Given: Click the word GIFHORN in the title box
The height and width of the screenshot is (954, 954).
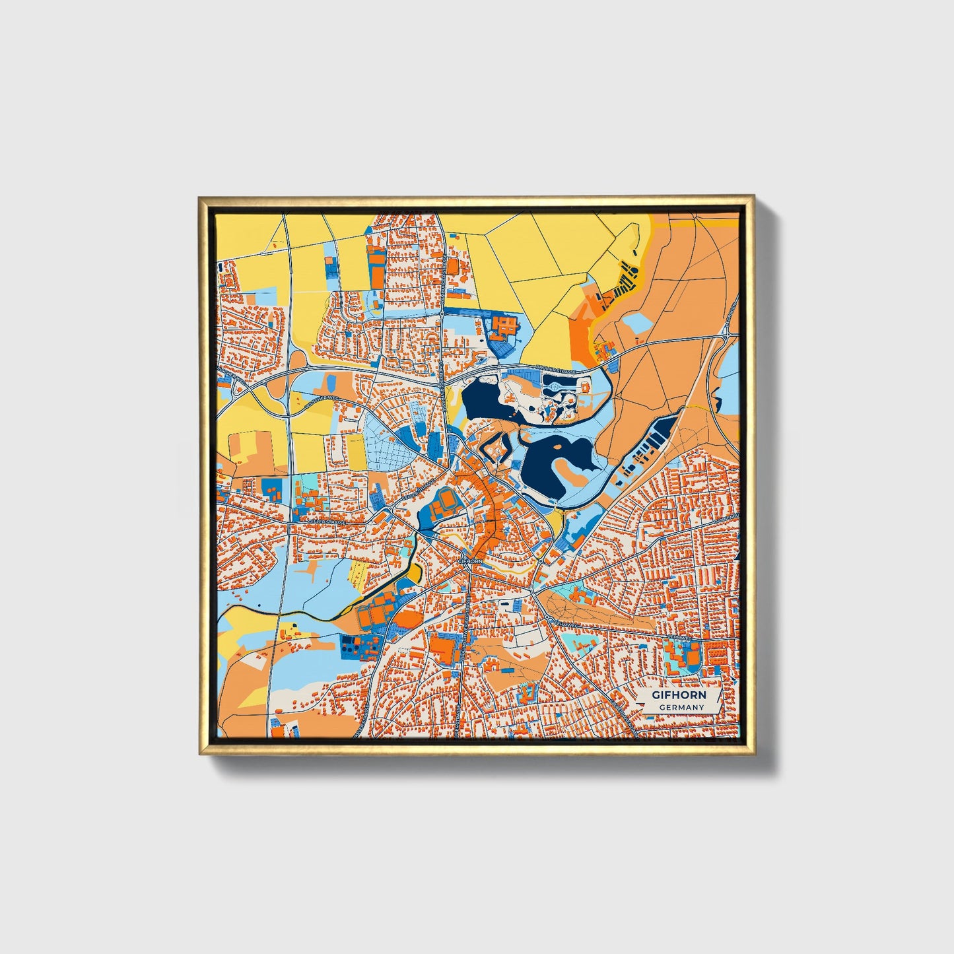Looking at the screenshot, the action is [x=679, y=695].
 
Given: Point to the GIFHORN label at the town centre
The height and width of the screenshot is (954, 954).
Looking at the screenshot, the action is [x=469, y=561].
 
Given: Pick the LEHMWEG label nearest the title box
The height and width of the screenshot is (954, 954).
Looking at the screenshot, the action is [x=678, y=638].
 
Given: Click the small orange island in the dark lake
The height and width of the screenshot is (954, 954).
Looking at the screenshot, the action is [x=559, y=447].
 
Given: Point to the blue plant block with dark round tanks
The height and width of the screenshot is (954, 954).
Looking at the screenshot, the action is [x=359, y=646].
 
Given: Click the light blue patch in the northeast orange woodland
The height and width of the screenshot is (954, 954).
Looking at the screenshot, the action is [x=638, y=324].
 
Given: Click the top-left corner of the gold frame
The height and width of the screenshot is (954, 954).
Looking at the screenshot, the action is [x=200, y=197].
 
